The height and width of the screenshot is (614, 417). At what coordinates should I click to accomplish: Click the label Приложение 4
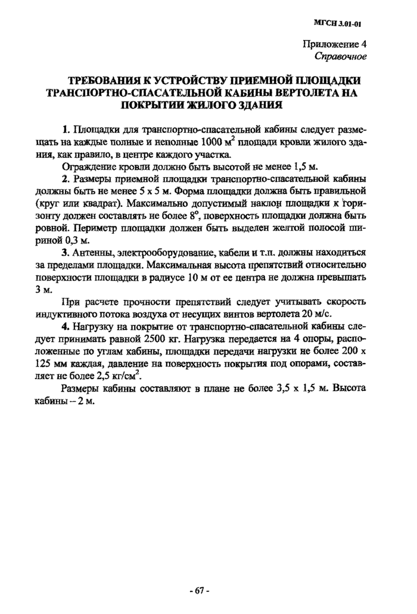tap(335, 45)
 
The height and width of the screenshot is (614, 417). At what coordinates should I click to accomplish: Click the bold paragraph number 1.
tap(66, 129)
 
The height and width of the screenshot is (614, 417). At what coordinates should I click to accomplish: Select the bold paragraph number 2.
tap(66, 179)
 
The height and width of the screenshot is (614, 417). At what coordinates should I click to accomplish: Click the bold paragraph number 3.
tap(66, 253)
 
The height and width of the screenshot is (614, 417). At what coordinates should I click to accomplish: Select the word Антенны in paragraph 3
tap(93, 253)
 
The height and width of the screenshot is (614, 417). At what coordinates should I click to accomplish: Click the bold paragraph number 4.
tap(66, 327)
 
